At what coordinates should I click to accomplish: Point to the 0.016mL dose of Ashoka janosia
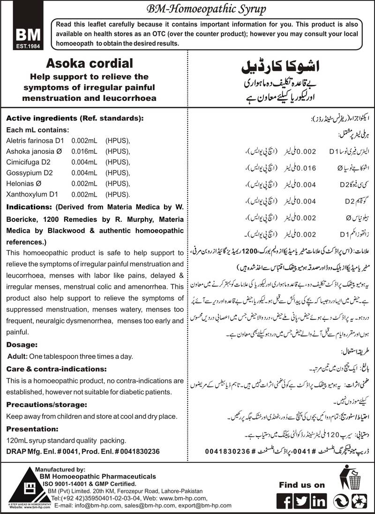(84, 151)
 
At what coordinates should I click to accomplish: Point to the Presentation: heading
(33, 428)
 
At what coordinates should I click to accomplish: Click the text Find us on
(302, 484)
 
